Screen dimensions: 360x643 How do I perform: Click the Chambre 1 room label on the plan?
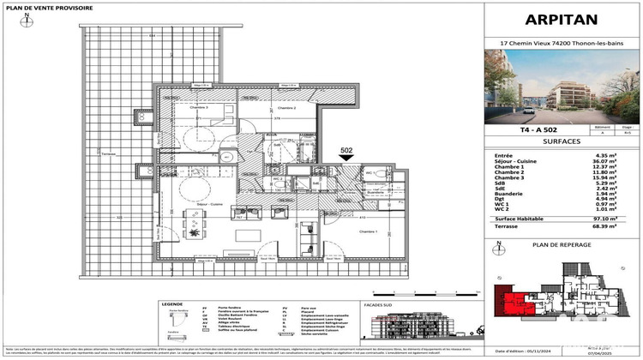(x=346, y=231)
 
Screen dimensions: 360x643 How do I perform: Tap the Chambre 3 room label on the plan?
(x=199, y=107)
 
